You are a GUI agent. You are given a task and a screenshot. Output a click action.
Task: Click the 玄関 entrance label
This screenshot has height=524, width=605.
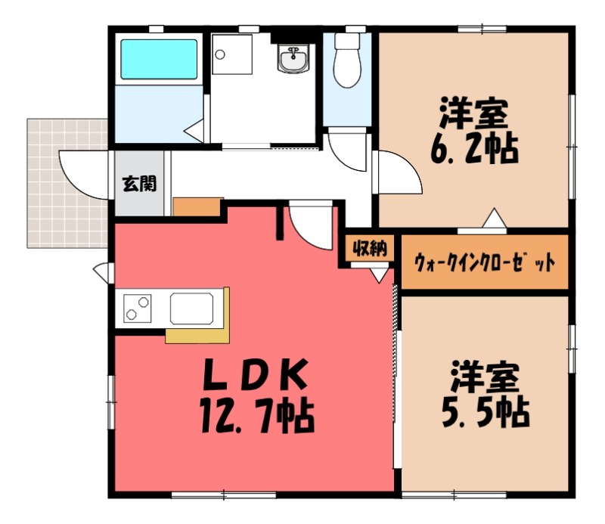(140, 183)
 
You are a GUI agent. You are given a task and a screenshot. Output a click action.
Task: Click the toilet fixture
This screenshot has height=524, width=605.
(347, 60)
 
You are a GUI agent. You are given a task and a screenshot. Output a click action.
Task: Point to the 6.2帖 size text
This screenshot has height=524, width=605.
(474, 150)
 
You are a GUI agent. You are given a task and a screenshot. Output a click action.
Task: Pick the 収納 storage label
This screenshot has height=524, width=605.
(368, 248)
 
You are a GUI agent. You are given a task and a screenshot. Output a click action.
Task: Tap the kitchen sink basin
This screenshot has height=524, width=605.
(194, 309)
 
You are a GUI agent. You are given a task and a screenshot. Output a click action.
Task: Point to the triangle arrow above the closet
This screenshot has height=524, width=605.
(494, 218)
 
